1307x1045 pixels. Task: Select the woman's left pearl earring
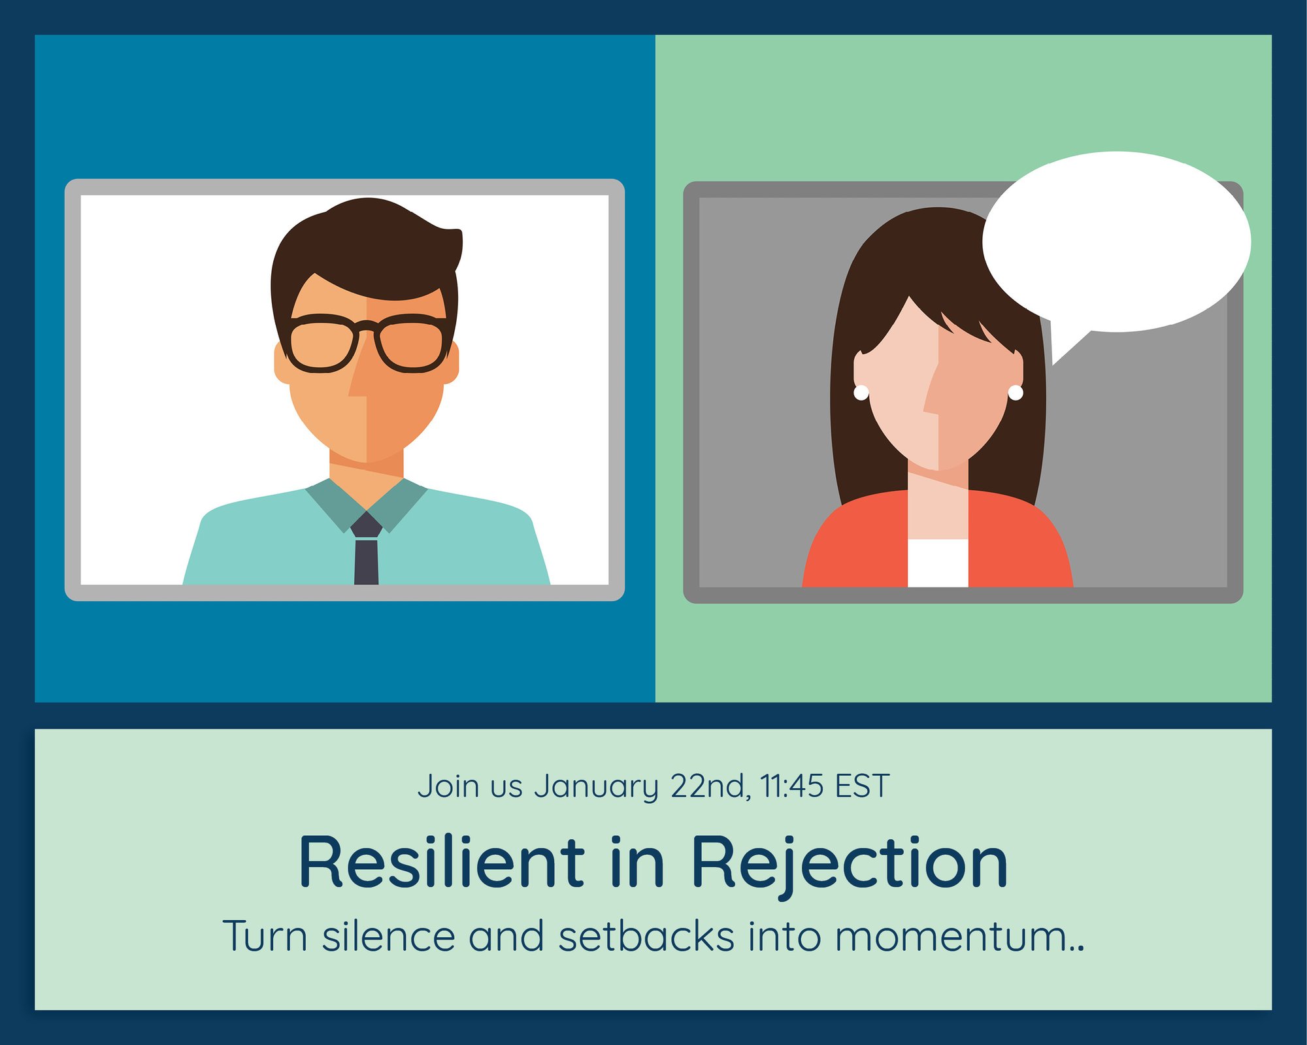pos(861,392)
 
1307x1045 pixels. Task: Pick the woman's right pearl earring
pos(1016,392)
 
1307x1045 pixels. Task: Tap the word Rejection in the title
pos(850,864)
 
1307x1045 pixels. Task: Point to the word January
pos(597,787)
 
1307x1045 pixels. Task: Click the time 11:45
pos(792,786)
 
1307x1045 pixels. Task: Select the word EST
pos(863,786)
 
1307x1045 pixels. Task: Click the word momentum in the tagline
pos(951,936)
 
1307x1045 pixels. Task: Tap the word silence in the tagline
pos(388,935)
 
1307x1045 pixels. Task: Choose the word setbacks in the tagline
pos(646,935)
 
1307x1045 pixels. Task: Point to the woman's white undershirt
pos(938,563)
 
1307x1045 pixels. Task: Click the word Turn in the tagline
pos(265,935)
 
